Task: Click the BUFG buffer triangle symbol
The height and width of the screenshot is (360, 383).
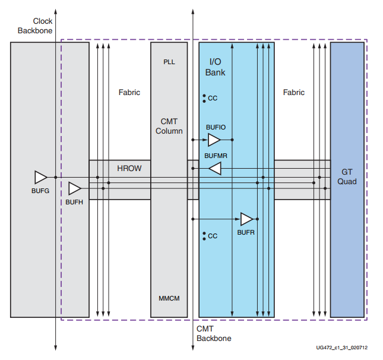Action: pyautogui.click(x=40, y=177)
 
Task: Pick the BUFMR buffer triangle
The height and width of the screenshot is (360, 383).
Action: pyautogui.click(x=215, y=169)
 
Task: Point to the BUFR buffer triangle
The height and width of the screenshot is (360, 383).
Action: pyautogui.click(x=246, y=219)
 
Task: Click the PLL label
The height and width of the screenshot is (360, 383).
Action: pyautogui.click(x=169, y=62)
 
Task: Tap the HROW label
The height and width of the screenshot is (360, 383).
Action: pyautogui.click(x=129, y=168)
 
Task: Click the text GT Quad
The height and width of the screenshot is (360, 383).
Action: pyautogui.click(x=347, y=176)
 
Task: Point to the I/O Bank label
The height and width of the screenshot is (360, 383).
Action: pyautogui.click(x=216, y=67)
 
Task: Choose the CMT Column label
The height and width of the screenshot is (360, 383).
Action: pyautogui.click(x=169, y=126)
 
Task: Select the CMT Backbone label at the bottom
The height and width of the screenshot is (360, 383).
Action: pyautogui.click(x=214, y=333)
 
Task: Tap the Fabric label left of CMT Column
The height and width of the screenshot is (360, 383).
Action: pyautogui.click(x=129, y=93)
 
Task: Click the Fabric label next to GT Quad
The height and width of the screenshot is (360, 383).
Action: pyautogui.click(x=293, y=93)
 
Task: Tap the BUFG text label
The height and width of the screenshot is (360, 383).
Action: pyautogui.click(x=40, y=191)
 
